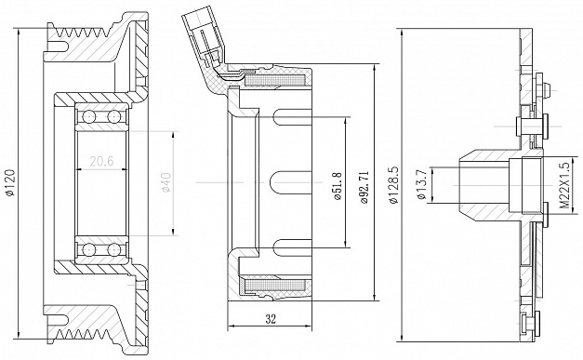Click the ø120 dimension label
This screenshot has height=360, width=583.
pyautogui.click(x=10, y=182)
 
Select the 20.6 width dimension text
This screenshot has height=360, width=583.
pyautogui.click(x=101, y=161)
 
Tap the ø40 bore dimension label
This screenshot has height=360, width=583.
pyautogui.click(x=166, y=182)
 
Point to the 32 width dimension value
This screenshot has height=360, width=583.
pyautogui.click(x=271, y=319)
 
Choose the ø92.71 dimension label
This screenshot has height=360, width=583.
pyautogui.click(x=364, y=187)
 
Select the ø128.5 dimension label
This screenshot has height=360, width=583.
pyautogui.click(x=393, y=184)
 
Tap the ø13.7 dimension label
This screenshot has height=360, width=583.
pyautogui.click(x=421, y=185)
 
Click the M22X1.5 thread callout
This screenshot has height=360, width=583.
pyautogui.click(x=564, y=185)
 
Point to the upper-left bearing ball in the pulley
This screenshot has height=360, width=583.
pyautogui.click(x=89, y=117)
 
